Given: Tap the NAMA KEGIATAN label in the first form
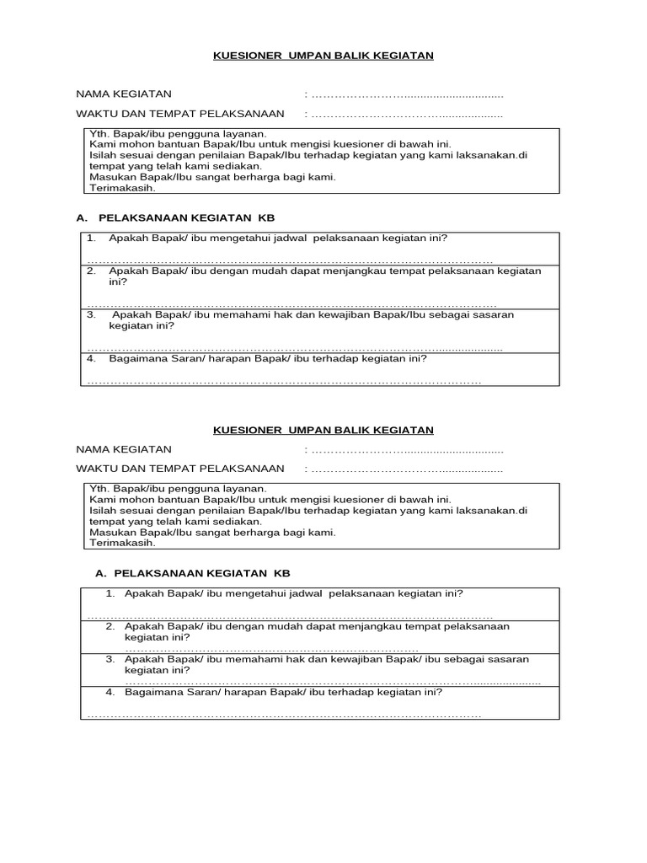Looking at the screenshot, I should (x=124, y=94).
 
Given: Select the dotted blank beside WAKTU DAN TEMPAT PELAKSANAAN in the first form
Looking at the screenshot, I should (x=407, y=115).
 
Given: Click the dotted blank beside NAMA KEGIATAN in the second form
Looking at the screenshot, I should (x=407, y=450).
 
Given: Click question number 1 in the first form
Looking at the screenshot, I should (x=92, y=239).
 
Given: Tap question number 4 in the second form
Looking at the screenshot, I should (x=110, y=692).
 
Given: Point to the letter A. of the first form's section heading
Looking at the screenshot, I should (x=82, y=217).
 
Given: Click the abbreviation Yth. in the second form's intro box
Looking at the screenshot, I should (x=100, y=488).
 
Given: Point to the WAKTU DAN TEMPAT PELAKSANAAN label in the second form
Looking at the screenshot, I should (x=179, y=469).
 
